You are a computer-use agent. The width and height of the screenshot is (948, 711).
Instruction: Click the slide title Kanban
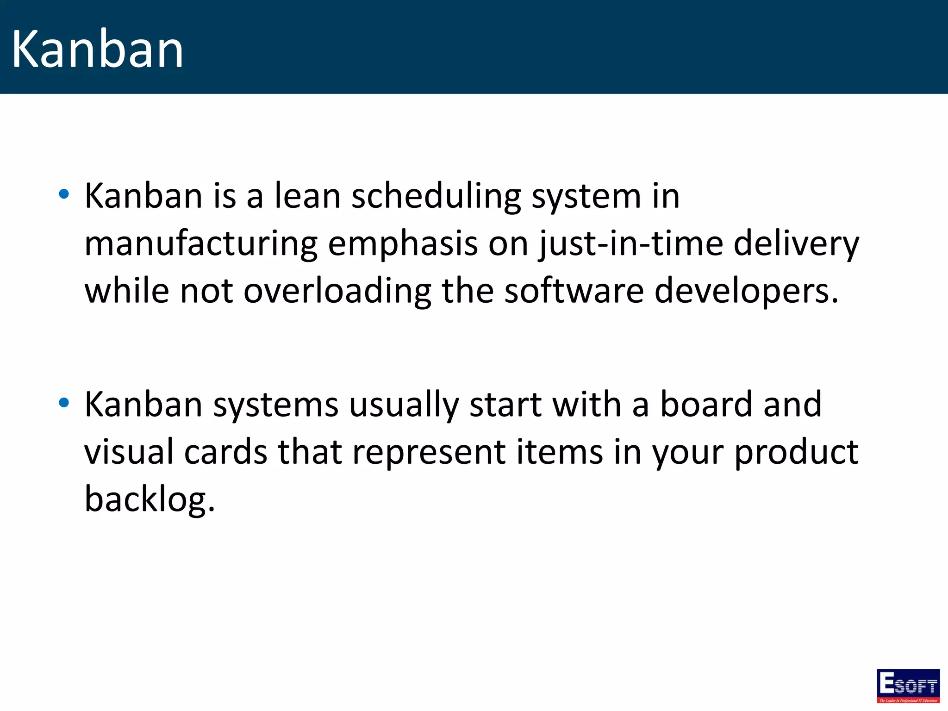(x=97, y=49)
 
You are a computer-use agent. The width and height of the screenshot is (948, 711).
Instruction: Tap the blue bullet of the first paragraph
(x=64, y=194)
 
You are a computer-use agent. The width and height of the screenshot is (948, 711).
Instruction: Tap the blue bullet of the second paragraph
(x=64, y=403)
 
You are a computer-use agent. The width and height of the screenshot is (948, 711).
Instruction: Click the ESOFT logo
(x=908, y=686)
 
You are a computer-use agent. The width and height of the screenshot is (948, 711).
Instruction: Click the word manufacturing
(x=201, y=244)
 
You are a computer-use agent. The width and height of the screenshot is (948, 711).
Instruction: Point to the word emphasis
(x=402, y=243)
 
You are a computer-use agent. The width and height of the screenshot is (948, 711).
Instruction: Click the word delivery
(x=796, y=244)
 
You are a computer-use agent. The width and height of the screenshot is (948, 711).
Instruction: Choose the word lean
(x=307, y=196)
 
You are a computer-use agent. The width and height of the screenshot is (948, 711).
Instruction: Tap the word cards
(x=225, y=452)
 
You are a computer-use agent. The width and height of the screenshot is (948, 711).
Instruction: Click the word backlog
(x=149, y=500)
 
